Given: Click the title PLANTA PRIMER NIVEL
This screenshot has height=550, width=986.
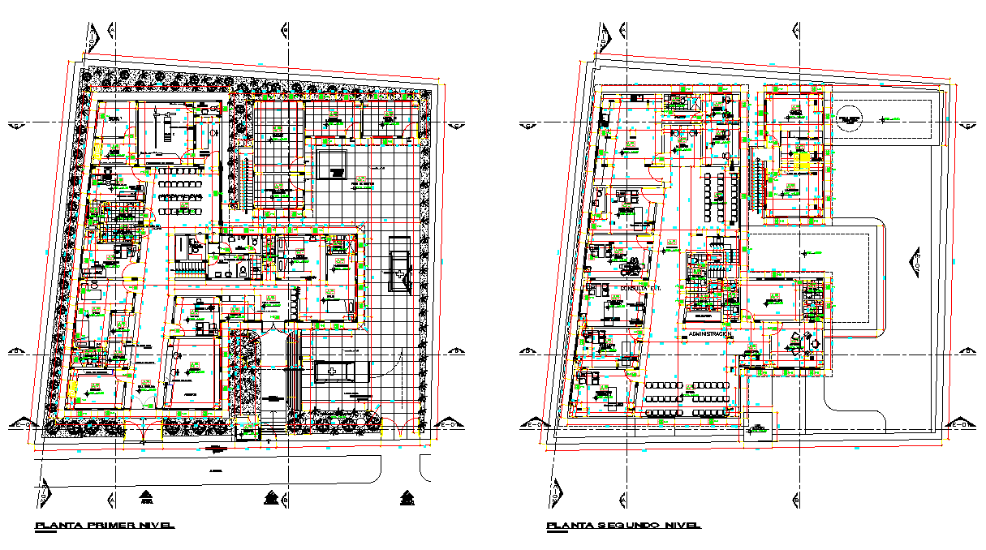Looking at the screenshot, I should tap(105, 526).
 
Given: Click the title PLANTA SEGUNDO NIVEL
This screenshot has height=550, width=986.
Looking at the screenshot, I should tap(623, 526).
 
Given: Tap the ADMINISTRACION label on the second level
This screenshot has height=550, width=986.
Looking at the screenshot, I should tap(710, 333).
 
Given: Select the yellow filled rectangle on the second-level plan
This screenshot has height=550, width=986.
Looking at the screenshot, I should tap(802, 162).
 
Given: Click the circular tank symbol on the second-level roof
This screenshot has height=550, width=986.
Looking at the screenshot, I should tap(850, 119).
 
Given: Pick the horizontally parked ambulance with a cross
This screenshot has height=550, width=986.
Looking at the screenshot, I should tap(342, 371).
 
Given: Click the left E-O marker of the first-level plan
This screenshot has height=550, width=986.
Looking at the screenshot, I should tap(27, 423).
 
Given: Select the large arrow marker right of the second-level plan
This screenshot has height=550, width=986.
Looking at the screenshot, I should tap(913, 264).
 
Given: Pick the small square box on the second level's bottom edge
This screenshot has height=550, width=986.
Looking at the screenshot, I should tap(760, 430).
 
